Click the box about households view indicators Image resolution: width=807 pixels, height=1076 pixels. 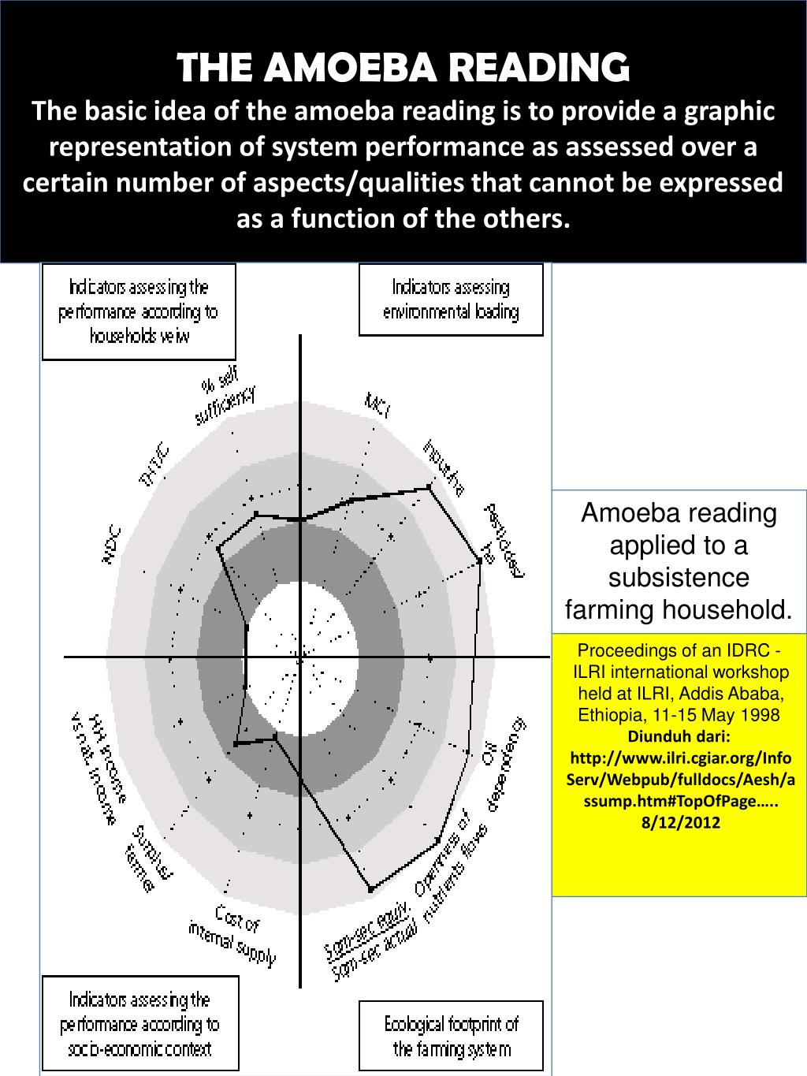point(138,311)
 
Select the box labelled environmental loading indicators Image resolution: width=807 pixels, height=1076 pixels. point(451,300)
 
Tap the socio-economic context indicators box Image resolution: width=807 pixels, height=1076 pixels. point(139,1025)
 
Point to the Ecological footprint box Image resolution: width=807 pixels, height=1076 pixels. point(451,1037)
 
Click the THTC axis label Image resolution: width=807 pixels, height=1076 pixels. point(154,466)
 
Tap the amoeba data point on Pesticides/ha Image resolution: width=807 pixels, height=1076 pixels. point(480,560)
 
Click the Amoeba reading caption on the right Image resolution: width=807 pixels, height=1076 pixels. point(679,561)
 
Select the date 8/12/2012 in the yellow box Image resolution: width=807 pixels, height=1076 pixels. point(679,822)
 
